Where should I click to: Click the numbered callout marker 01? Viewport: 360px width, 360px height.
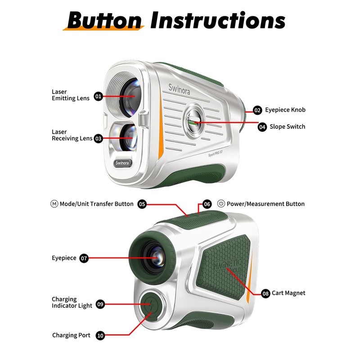(99, 96)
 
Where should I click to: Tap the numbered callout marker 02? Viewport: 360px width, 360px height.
(257, 110)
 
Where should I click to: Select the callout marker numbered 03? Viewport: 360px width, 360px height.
(99, 139)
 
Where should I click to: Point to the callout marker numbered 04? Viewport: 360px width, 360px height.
(262, 127)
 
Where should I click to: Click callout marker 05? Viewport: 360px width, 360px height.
(142, 204)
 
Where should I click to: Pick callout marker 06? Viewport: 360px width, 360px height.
(207, 204)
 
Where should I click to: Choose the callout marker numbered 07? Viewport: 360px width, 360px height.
(84, 258)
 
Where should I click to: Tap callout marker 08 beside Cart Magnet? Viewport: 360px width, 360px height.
(265, 293)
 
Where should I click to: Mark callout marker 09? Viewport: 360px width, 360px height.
(100, 305)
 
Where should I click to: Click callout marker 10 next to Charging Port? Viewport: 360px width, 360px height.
(100, 335)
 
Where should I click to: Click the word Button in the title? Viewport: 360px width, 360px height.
(104, 20)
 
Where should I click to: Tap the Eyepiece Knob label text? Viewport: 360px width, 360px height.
(285, 110)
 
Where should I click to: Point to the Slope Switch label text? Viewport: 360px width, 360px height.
(288, 127)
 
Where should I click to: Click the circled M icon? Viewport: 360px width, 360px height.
(54, 204)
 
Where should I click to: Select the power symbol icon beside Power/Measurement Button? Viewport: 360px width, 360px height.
(221, 204)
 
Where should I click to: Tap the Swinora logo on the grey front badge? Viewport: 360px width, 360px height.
(122, 162)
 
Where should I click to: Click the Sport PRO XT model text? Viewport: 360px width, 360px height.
(219, 153)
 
